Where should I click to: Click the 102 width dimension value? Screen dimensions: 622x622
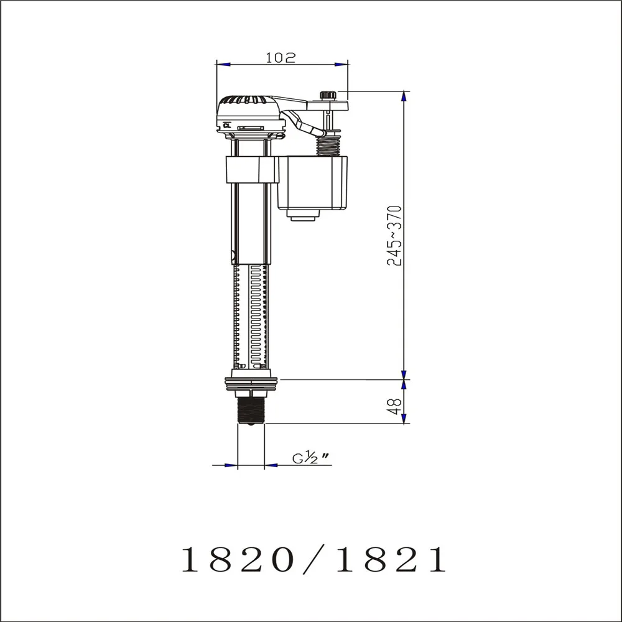[281, 57]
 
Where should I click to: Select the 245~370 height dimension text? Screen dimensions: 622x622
[395, 236]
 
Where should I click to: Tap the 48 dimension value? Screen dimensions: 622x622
[394, 407]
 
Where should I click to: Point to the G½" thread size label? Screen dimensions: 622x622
[310, 458]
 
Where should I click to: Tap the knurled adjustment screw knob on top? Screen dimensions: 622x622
[328, 95]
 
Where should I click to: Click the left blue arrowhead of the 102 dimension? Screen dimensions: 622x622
[223, 64]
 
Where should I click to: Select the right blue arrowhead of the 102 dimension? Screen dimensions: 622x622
[341, 64]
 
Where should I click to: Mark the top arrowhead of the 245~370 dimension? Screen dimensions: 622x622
[404, 97]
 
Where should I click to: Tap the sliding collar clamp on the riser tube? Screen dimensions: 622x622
[250, 170]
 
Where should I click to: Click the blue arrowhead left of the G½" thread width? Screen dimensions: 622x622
[231, 465]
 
